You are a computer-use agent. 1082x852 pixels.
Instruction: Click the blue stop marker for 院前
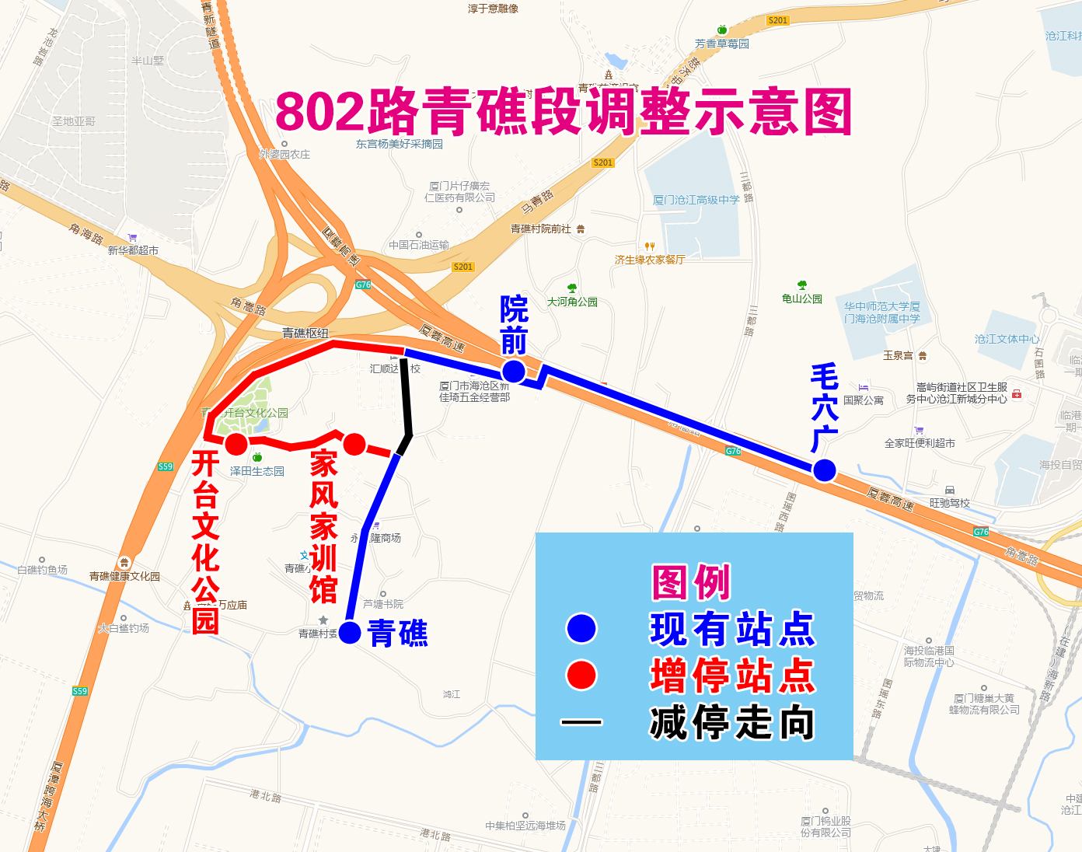pos(513,371)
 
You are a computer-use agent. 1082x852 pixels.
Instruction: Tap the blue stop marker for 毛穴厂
pos(824,470)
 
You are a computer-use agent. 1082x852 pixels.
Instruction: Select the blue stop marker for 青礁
pos(350,633)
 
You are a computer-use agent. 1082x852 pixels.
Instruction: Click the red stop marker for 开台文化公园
pos(236,444)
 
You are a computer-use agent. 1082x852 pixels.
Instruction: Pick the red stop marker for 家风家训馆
pos(354,444)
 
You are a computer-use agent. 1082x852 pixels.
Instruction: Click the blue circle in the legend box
pos(581,628)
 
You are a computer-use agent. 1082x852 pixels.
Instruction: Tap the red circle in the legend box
pos(581,675)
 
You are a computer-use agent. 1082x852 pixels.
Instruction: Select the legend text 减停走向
pos(732,722)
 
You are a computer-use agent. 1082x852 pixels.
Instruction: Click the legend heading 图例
pos(691,582)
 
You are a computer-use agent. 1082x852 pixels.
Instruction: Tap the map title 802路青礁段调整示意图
pos(564,112)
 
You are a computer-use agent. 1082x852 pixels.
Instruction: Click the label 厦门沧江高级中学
pos(696,200)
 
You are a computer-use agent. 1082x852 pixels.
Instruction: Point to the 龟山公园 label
pos(802,299)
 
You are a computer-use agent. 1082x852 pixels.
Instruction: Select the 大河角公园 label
pos(572,302)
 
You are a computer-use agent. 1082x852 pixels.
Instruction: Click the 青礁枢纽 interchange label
pos(305,333)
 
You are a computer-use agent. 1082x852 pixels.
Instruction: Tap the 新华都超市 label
pos(133,250)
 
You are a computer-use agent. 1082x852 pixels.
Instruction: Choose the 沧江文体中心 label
pos(1007,339)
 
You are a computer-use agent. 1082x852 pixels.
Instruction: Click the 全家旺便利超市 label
pos(920,443)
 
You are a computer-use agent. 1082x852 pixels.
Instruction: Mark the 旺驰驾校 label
pos(950,503)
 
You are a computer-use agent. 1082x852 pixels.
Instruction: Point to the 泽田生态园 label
pos(257,471)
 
